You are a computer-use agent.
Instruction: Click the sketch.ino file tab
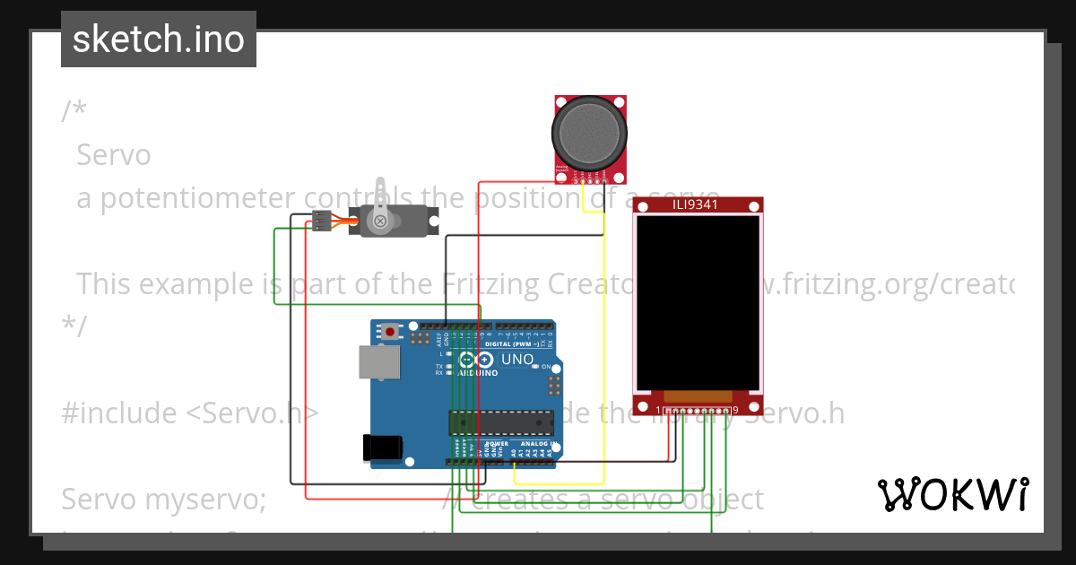click(158, 39)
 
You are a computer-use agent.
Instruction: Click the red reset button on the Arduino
click(390, 331)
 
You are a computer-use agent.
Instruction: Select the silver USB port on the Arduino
click(376, 362)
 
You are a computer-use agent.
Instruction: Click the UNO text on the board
click(517, 360)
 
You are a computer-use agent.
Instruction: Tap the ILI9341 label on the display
click(698, 205)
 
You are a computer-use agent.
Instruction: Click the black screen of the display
click(698, 295)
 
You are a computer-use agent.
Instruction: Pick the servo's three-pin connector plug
click(320, 221)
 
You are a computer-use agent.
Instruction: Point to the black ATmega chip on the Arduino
click(501, 422)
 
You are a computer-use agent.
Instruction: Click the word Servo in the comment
click(114, 155)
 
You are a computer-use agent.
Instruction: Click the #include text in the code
click(119, 413)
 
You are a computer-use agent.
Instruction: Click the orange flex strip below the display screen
click(698, 395)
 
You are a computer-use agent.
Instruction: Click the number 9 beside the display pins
click(735, 411)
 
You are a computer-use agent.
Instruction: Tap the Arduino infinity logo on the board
click(476, 360)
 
